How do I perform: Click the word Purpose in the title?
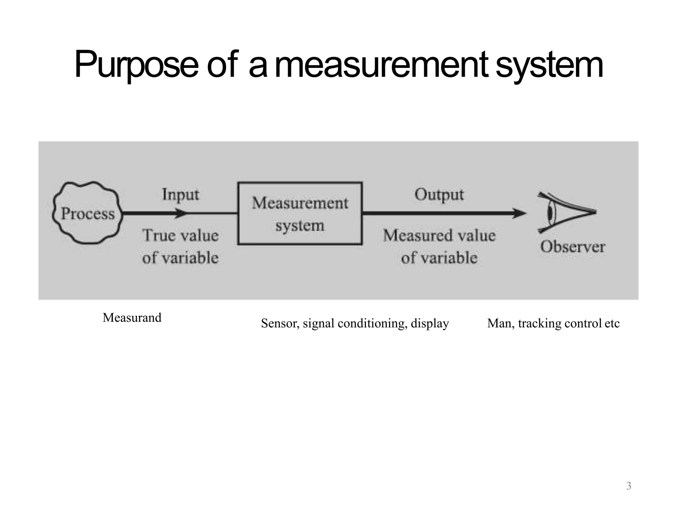pos(136,65)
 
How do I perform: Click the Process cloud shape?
pos(87,213)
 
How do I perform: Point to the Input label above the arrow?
pos(181,195)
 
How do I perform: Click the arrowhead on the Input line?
pos(181,213)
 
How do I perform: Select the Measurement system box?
pos(300,213)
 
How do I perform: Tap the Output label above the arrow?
pos(439,195)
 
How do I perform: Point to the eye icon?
pos(563,212)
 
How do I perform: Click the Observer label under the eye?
pos(573,247)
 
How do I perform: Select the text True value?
pos(181,236)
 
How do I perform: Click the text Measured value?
pos(439,236)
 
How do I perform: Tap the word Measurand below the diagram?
pos(132,317)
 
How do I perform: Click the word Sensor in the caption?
pos(280,323)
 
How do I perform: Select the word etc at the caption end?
pos(612,323)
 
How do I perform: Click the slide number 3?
pos(629,486)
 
